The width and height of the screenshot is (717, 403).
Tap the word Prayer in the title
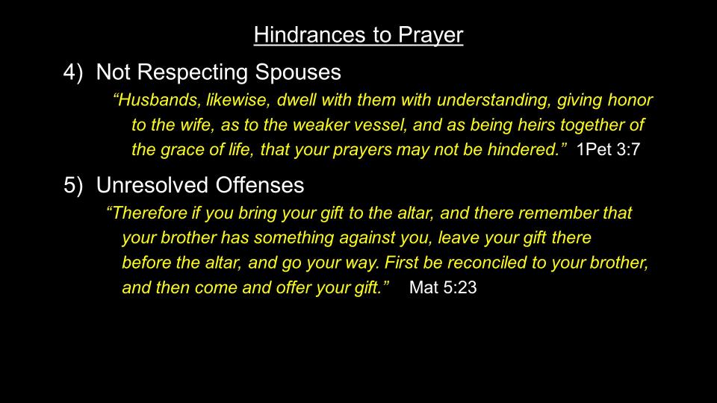430,36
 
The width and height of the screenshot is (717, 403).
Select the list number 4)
73,72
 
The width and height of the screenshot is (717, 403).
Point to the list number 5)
73,186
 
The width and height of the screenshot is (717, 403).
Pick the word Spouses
298,73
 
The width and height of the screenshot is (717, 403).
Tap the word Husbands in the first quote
157,99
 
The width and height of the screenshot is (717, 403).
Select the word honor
630,99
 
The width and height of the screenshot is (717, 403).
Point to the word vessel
382,125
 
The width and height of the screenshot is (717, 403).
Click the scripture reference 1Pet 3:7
608,149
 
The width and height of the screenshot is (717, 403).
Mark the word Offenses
260,186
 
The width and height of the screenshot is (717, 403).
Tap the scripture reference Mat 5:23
443,287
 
